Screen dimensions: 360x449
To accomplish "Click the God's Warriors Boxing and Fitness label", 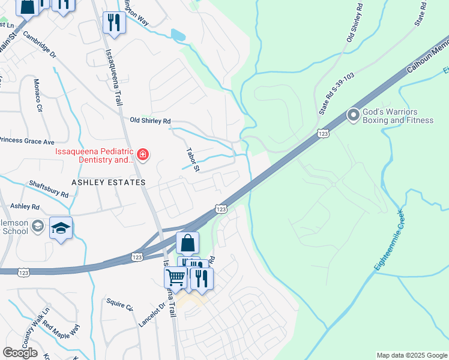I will point(398,116).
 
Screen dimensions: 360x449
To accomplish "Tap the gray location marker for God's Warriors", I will point(353,114).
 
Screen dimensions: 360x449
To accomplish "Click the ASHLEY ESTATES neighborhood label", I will point(109,182).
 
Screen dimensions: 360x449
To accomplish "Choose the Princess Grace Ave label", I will point(26,141).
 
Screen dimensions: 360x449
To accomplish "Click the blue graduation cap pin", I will point(61,228).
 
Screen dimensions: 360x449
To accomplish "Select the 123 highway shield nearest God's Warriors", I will point(323,133).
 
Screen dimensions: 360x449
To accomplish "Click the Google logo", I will point(20,353).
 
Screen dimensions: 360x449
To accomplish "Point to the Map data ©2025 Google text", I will point(411,355).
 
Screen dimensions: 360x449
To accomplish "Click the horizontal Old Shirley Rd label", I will point(150,121).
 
